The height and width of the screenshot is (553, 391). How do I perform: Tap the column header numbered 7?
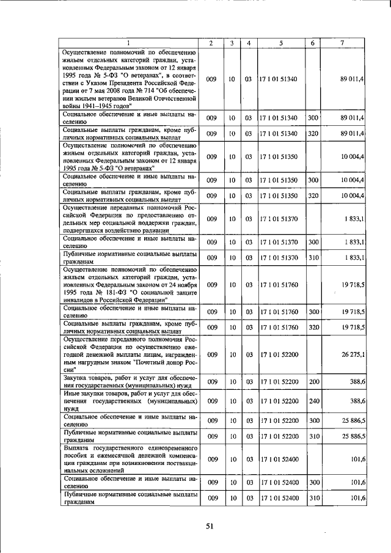pyautogui.click(x=342, y=43)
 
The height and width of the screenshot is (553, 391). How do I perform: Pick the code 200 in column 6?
pyautogui.click(x=313, y=381)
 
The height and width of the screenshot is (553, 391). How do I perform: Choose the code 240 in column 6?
pyautogui.click(x=313, y=401)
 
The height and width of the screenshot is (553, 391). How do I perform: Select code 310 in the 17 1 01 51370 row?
pyautogui.click(x=313, y=258)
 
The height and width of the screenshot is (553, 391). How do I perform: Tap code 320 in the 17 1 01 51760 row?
pyautogui.click(x=313, y=328)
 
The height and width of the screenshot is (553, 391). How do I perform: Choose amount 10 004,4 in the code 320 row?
pyautogui.click(x=353, y=196)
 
